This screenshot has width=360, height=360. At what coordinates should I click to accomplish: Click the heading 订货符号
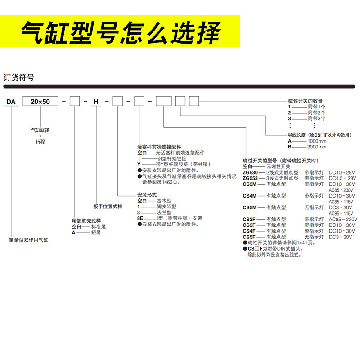18,77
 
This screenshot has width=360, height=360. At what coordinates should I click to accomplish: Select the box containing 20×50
40,102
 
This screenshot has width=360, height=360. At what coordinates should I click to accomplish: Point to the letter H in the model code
95,102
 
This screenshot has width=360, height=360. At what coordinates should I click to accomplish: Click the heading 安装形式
147,195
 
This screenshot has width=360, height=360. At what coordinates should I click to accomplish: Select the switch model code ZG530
250,172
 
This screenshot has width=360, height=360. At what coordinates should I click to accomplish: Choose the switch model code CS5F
250,237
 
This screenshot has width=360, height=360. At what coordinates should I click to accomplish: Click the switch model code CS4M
250,196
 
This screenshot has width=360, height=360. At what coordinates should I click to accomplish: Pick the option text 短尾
95,233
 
